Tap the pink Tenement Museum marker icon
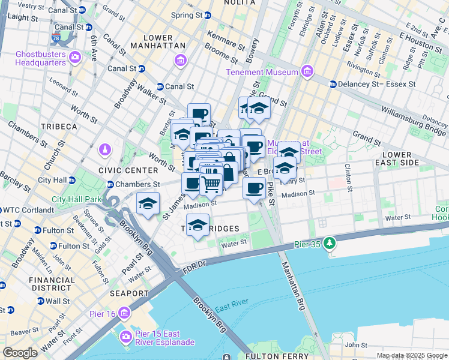coord(307,72)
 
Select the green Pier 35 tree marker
coord(328,243)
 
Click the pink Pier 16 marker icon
coord(124,313)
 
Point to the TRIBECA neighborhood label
coord(58,127)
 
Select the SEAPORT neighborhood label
coord(128,293)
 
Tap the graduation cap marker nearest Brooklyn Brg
coord(148,203)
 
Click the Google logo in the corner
coord(20,353)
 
